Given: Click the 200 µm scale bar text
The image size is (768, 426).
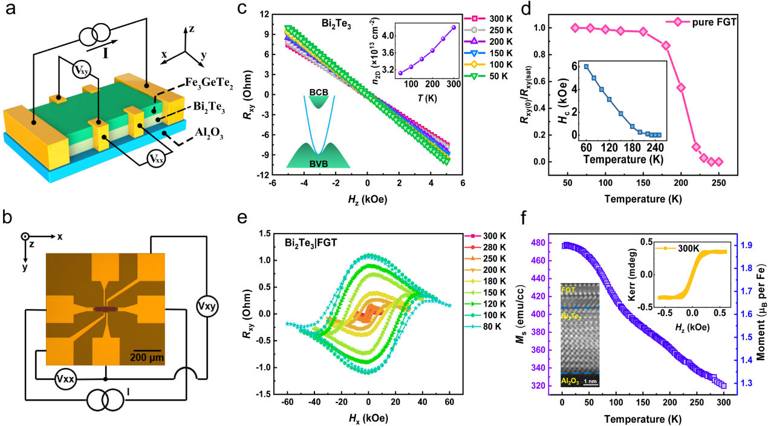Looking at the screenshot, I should point(147,356).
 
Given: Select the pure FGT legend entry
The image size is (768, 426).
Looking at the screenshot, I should point(713,22).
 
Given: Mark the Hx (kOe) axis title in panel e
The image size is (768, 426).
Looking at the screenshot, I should point(368,418).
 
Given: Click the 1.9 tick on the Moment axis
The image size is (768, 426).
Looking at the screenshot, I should point(746,245).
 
